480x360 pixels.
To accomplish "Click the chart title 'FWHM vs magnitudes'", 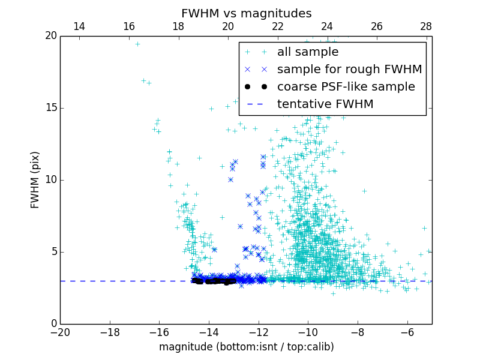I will pos(246,13).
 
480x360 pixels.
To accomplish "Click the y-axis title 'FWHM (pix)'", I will pos(35,179).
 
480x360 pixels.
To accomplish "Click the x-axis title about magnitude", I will pos(246,347).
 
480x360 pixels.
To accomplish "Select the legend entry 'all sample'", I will pos(308,52).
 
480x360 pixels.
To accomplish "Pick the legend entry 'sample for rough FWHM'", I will pos(349,70).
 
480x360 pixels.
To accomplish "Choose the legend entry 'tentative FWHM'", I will pos(325,104).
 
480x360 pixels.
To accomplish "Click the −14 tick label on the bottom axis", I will pos(209,332).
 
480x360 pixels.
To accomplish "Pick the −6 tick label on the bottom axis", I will pos(407,332).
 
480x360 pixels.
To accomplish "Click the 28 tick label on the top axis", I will pos(426,26).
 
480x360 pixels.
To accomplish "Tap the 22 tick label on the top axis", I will pos(277,26).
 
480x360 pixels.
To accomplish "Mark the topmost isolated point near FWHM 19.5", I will pos(137,44).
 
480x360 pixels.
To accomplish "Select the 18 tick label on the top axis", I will pos(178,26).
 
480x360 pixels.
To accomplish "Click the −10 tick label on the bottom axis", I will pos(308,332).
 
